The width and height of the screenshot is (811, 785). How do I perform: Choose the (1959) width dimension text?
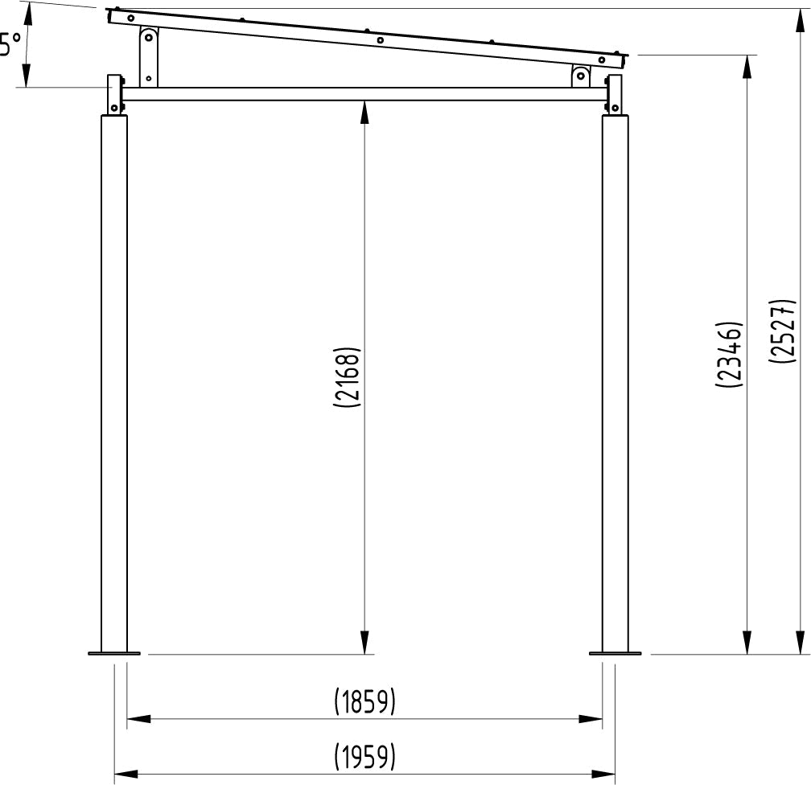pos(365,757)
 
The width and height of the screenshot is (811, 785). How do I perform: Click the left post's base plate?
pos(113,653)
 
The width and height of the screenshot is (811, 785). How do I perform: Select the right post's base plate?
pos(615,653)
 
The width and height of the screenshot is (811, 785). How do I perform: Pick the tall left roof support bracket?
pos(148,56)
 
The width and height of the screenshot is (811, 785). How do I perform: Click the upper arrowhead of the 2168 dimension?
pos(365,112)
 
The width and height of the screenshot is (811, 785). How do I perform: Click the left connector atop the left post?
pos(116,94)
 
